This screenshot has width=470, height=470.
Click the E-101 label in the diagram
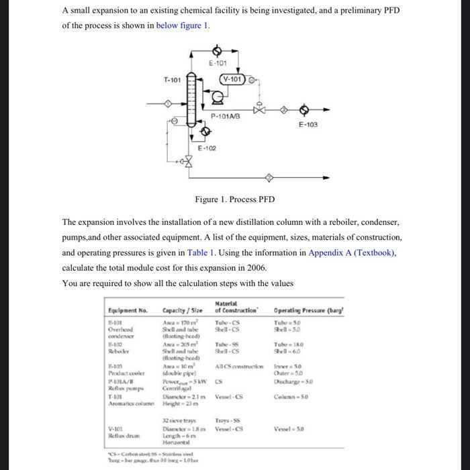217,64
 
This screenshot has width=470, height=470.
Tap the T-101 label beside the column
172,79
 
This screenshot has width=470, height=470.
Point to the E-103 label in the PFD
308,124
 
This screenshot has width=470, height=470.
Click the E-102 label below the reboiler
206,148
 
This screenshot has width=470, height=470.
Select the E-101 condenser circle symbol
217,50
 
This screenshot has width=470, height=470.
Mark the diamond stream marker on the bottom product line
269,177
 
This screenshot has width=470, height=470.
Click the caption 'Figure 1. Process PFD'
234,199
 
